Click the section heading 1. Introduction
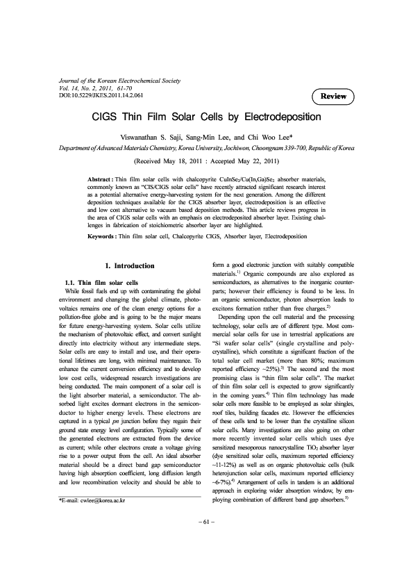pos(128,265)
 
